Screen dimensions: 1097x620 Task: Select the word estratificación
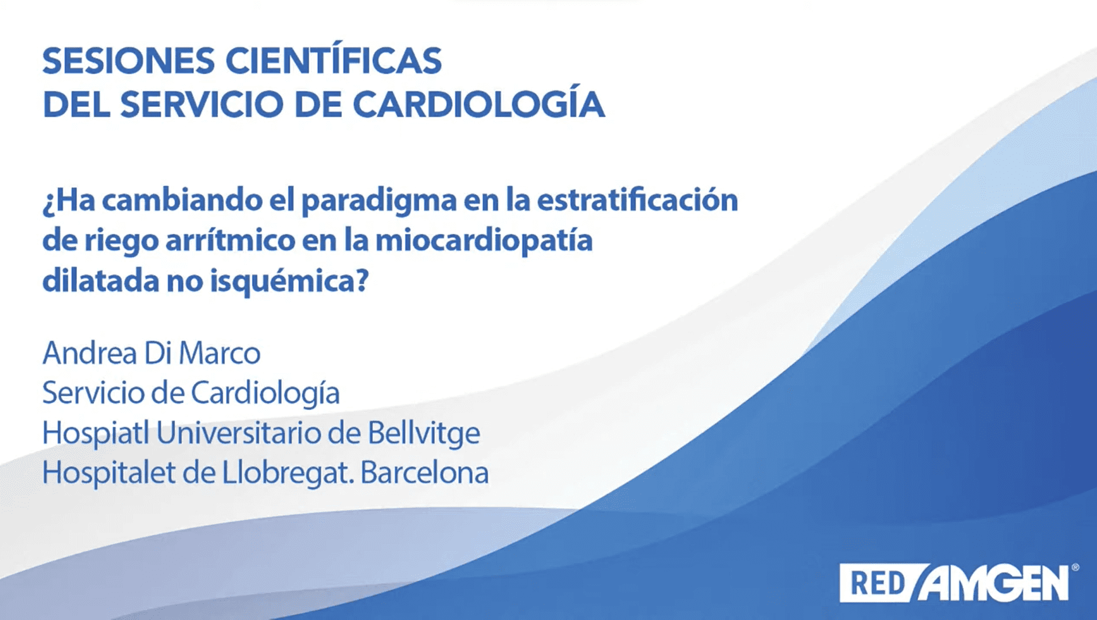click(637, 200)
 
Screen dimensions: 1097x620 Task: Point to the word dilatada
click(100, 281)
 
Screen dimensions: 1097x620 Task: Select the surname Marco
click(220, 352)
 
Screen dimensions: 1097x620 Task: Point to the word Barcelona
click(425, 473)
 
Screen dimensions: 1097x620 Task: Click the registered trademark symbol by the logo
click(1075, 567)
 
